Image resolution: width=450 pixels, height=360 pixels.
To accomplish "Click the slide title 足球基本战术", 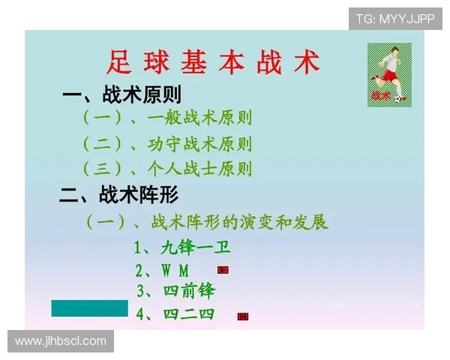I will coord(212,61).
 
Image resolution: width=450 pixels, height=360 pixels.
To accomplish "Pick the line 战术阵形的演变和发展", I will coord(207,222).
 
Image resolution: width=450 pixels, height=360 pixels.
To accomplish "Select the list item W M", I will coord(163,270).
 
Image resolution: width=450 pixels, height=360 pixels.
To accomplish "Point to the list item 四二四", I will coord(175,313).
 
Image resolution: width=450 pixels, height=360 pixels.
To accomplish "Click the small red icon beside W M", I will coord(223,270).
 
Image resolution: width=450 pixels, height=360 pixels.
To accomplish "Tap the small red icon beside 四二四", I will coord(242,316).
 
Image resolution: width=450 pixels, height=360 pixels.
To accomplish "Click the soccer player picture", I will coord(389,74).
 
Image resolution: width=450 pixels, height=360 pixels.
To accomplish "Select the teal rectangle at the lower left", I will coord(89,307).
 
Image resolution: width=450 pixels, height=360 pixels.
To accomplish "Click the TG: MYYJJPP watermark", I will coord(395,19).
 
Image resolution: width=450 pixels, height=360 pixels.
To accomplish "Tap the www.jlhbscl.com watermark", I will coord(61,341).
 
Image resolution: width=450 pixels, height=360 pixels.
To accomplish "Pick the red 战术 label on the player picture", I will coord(380,95).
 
